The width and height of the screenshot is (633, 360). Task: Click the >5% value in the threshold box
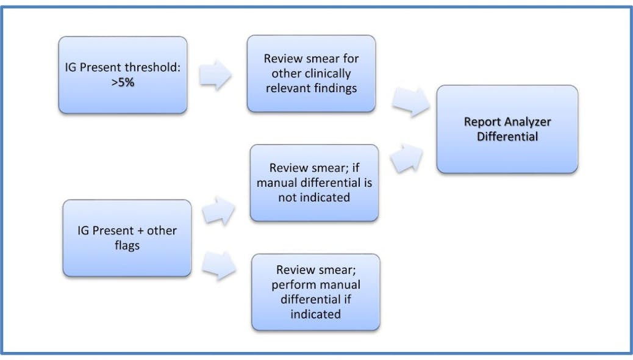tap(122, 82)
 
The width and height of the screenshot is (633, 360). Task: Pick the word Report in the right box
tap(481, 121)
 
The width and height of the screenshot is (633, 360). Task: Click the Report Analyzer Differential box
tap(507, 129)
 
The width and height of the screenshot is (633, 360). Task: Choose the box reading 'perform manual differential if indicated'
tap(315, 292)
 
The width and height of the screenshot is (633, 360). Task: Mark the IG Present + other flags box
tap(127, 238)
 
